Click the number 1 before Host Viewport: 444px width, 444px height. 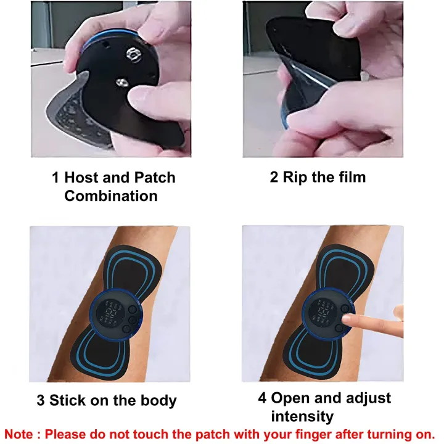coord(55,178)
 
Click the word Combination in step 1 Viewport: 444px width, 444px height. coord(111,196)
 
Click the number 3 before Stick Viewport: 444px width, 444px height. coord(40,401)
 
